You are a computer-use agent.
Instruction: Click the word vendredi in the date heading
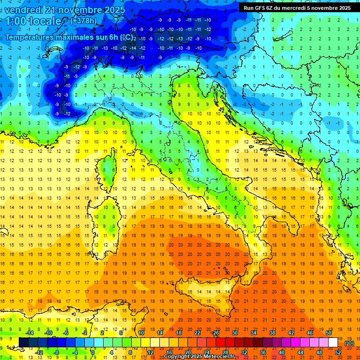click(x=23, y=10)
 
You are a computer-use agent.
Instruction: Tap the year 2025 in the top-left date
click(x=112, y=10)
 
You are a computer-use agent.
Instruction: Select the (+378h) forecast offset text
click(x=83, y=21)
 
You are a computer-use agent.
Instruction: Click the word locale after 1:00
click(x=45, y=21)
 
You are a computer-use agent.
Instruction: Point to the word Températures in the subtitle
click(x=31, y=37)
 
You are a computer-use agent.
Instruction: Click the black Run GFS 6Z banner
click(x=296, y=7)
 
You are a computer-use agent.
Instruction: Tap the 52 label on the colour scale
click(x=338, y=352)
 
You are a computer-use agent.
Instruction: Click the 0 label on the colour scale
click(x=92, y=352)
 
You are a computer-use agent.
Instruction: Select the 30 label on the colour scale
click(x=235, y=333)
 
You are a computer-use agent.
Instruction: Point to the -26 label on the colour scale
click(x=215, y=333)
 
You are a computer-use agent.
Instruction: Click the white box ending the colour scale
click(x=333, y=342)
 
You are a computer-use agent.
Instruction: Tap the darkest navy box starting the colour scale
click(x=23, y=342)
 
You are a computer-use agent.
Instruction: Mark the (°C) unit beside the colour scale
click(x=349, y=343)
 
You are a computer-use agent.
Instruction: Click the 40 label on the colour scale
click(x=282, y=352)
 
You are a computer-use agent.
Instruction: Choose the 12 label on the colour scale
click(x=150, y=352)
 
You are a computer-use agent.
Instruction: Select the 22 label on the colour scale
click(x=197, y=333)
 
